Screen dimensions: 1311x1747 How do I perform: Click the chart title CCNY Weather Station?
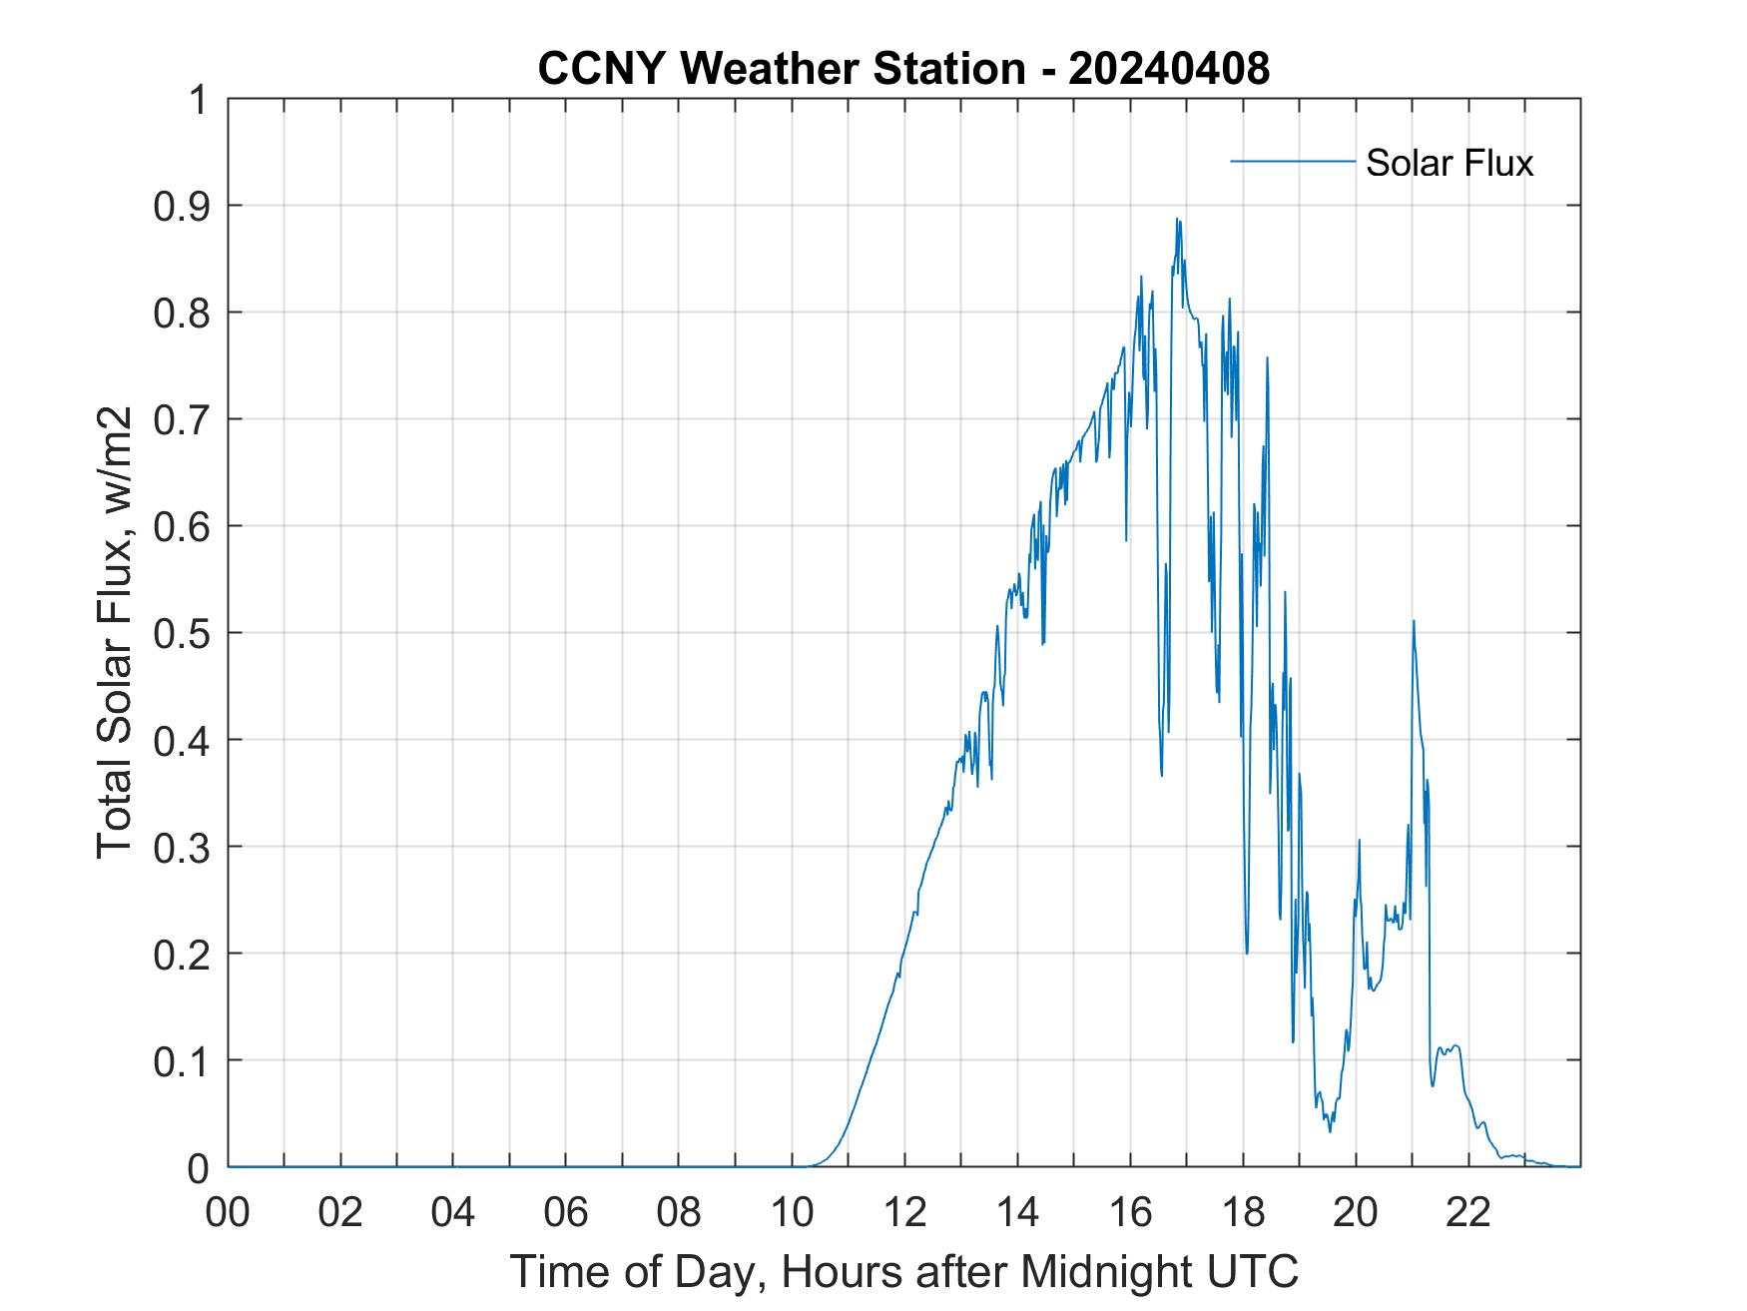pos(781,69)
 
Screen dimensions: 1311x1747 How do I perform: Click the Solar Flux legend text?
pos(1449,163)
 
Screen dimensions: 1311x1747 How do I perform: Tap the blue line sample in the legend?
pos(1292,161)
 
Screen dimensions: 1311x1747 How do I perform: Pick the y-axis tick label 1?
pos(199,100)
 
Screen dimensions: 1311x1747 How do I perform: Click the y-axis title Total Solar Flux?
pos(115,633)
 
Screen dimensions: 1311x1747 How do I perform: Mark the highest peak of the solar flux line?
pos(1178,220)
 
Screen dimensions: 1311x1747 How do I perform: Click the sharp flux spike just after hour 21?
pos(1414,621)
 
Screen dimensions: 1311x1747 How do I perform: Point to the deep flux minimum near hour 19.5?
pos(1330,1130)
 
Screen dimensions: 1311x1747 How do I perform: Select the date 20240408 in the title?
pos(1168,69)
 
